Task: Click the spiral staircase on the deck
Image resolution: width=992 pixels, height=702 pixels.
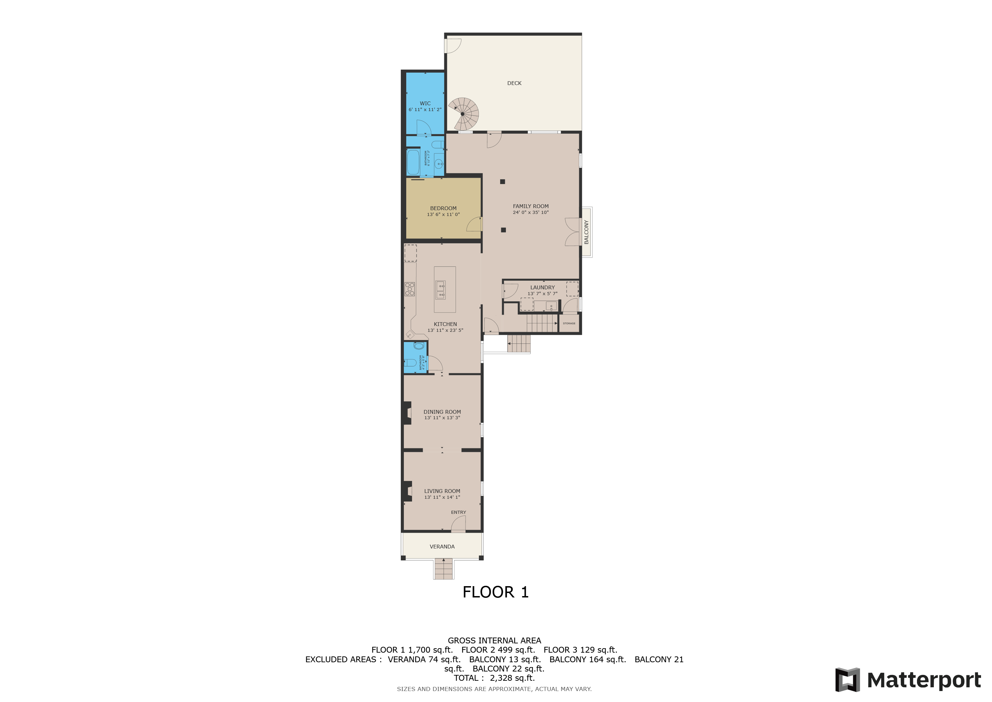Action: point(463,114)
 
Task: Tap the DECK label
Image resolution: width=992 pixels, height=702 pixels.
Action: point(514,83)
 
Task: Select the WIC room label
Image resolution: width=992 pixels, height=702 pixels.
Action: point(425,103)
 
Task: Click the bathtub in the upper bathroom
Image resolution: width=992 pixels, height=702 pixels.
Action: point(413,162)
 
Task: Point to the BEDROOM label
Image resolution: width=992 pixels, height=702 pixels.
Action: point(443,208)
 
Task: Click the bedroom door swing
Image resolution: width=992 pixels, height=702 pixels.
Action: point(475,225)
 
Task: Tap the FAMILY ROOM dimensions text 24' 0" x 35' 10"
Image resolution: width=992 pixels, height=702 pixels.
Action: point(531,213)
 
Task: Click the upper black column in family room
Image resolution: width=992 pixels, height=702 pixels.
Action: point(503,182)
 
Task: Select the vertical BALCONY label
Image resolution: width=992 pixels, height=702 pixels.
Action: point(586,232)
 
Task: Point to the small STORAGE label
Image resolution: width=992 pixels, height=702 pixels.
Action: point(569,323)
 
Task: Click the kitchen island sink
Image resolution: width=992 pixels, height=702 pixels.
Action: point(440,290)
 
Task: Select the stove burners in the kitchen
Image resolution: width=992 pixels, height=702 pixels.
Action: point(410,289)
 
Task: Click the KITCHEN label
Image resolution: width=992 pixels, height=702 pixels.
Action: point(445,324)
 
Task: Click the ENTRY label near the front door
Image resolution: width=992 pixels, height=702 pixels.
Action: point(458,512)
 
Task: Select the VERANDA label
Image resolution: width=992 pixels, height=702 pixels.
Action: point(442,546)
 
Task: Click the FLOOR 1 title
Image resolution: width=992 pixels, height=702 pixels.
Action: point(496,592)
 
